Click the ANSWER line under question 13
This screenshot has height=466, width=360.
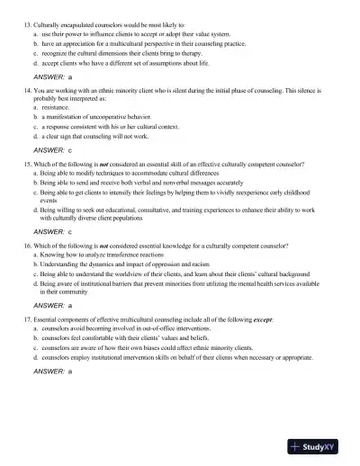click(x=52, y=76)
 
